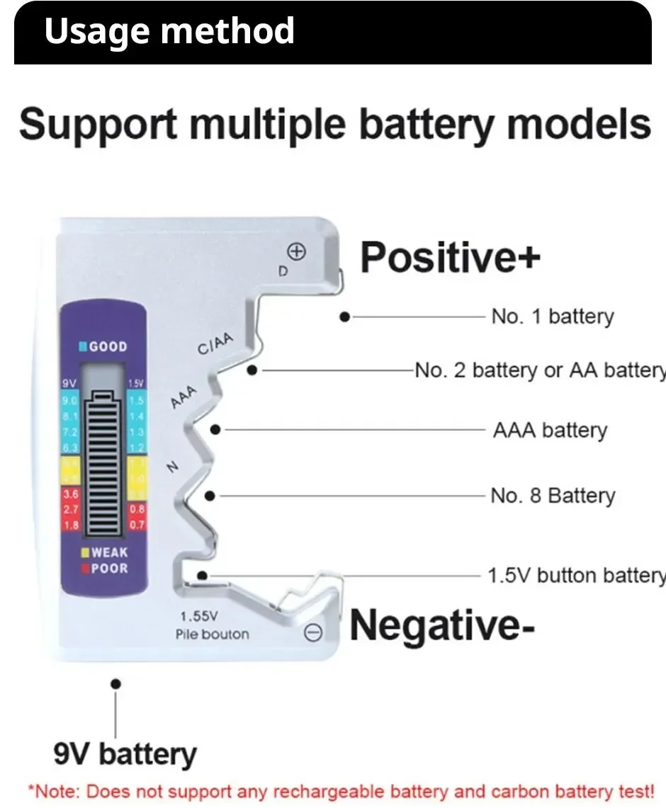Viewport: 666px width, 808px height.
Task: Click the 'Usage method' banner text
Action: [x=169, y=31]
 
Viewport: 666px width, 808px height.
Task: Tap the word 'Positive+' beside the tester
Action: [x=450, y=256]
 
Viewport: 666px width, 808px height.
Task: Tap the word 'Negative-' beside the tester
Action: [x=442, y=625]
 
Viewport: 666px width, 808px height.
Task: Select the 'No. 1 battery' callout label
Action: [x=552, y=317]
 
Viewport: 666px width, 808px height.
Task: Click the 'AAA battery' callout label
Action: [x=550, y=430]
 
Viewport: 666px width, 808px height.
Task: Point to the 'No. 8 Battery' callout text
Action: [x=553, y=496]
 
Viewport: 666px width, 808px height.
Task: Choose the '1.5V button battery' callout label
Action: [x=576, y=575]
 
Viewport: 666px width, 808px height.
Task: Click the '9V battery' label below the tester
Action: [x=125, y=753]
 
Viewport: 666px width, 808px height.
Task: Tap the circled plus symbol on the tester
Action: [x=296, y=251]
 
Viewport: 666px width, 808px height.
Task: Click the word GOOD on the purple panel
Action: [x=108, y=347]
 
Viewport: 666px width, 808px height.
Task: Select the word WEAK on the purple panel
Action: [x=109, y=552]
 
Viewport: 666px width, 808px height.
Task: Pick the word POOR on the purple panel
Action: [x=109, y=568]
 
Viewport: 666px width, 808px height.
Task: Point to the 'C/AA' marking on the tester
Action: [x=215, y=345]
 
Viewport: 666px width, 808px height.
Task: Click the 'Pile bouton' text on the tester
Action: [x=212, y=634]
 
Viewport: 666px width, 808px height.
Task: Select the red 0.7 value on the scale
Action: [x=136, y=525]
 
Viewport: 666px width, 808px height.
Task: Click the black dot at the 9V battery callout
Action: [x=116, y=683]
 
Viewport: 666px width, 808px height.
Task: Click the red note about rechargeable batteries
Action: [x=341, y=790]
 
